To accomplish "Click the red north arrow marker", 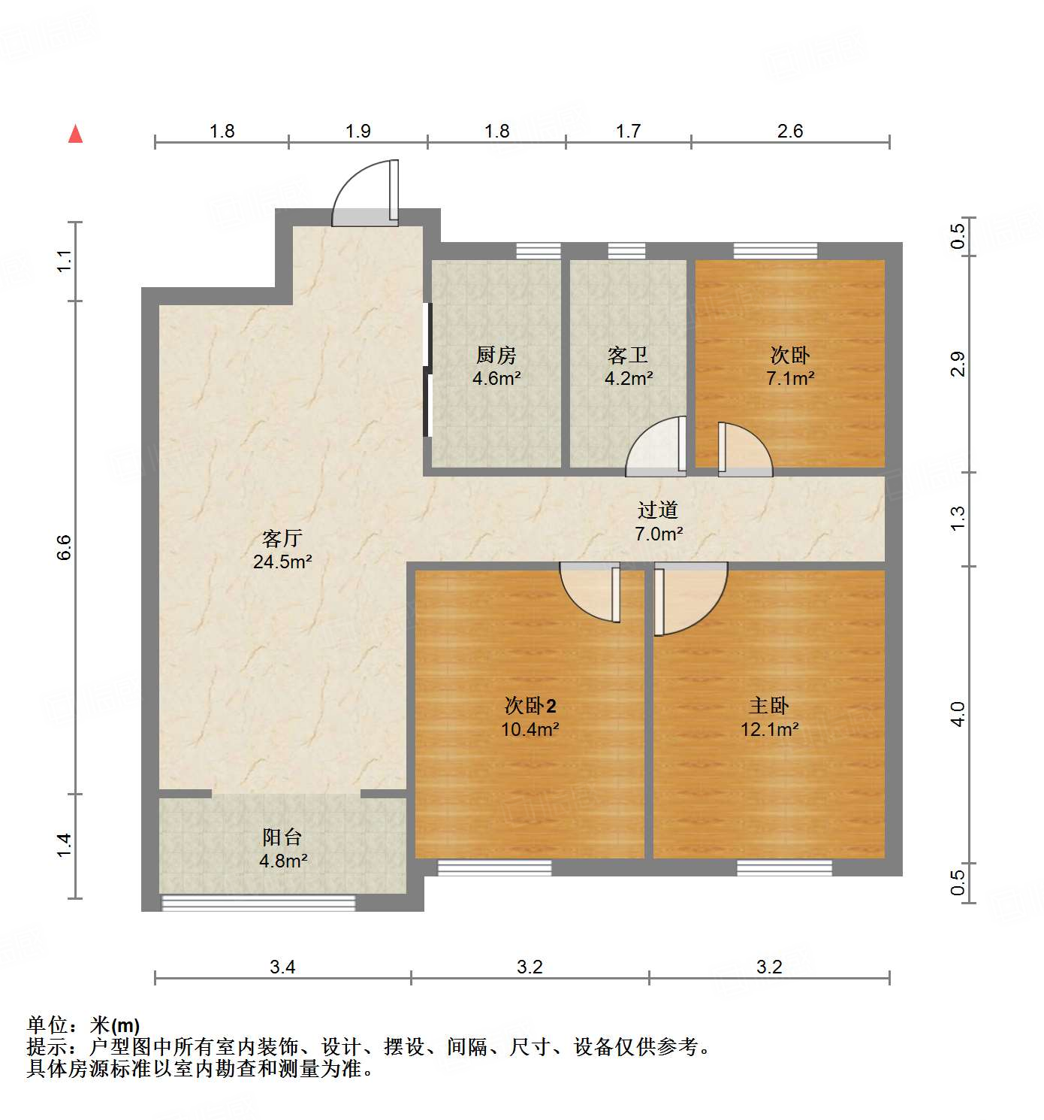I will [x=76, y=134].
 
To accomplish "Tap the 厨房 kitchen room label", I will [x=496, y=355].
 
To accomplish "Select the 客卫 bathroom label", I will [x=628, y=355].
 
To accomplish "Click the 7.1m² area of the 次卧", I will [x=790, y=379].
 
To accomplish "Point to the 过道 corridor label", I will [x=658, y=510].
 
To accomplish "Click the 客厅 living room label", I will [x=282, y=538].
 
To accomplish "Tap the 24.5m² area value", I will [x=282, y=562].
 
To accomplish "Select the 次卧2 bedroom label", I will [x=530, y=706].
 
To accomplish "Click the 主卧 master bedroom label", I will [x=769, y=706].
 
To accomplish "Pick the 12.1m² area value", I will [x=769, y=729].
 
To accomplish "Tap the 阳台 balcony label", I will [x=282, y=837].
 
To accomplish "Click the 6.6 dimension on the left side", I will [x=65, y=546].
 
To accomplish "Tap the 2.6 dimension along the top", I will [x=790, y=132].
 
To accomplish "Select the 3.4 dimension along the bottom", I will [x=282, y=967].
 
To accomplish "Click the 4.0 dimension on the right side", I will [x=958, y=713].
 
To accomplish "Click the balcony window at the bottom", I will [x=258, y=903].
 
